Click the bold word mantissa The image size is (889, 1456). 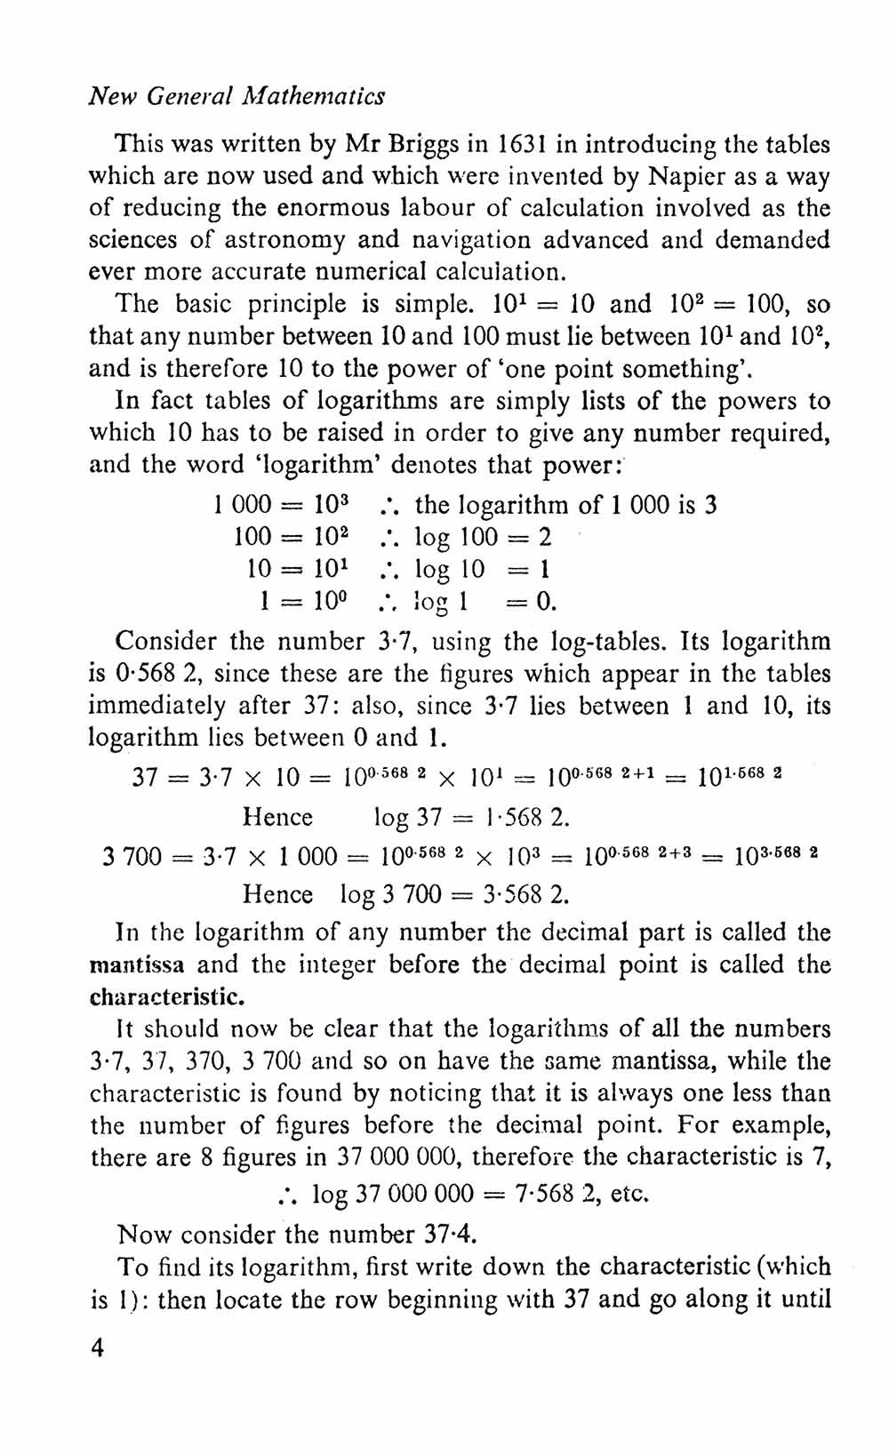pyautogui.click(x=138, y=964)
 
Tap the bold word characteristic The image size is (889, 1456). pyautogui.click(x=168, y=996)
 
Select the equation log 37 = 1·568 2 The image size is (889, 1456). pyautogui.click(x=472, y=817)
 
